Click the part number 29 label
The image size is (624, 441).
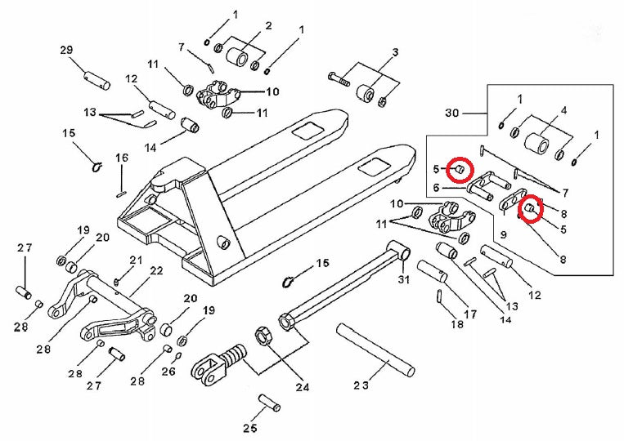[67, 51]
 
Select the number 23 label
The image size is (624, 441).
[361, 385]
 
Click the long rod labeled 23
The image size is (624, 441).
[377, 346]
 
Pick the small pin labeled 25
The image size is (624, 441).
[269, 403]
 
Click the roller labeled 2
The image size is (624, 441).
[240, 59]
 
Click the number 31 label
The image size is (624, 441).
[402, 281]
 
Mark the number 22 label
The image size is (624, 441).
[156, 271]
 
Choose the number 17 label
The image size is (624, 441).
[470, 314]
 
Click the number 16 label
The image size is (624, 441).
[122, 158]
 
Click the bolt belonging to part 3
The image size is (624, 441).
[339, 79]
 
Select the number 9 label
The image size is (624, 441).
[503, 234]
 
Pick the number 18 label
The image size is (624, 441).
[457, 324]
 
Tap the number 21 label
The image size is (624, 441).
[136, 261]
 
